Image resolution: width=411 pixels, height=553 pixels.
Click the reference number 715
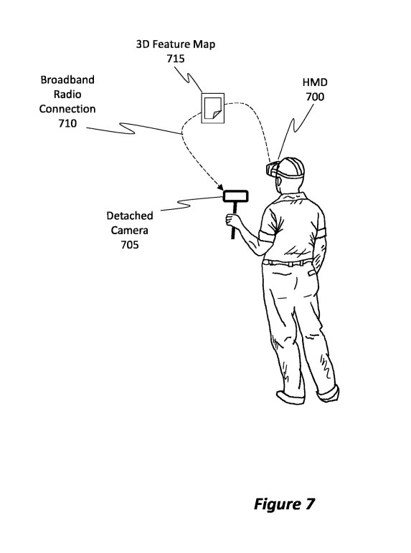point(176,58)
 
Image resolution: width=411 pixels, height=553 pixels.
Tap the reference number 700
point(315,97)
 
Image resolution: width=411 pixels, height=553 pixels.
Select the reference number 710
point(67,123)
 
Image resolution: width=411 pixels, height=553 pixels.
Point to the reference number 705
point(130,245)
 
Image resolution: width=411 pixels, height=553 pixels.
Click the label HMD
point(315,82)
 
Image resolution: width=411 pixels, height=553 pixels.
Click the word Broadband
point(67,80)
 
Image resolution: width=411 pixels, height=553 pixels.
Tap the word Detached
point(130,216)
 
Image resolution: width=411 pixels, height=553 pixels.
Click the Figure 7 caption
point(284,504)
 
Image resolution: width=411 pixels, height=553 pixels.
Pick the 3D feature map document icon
point(212,109)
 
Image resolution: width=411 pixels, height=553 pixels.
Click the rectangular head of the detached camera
point(236,196)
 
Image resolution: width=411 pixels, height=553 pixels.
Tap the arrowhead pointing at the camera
point(219,187)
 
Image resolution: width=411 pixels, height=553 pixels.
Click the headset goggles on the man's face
point(273,168)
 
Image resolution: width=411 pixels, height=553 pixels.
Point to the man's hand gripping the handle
point(233,221)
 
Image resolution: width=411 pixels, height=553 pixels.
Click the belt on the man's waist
point(288,263)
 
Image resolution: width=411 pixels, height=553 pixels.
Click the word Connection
point(67,109)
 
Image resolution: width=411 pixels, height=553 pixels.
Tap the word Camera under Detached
point(130,231)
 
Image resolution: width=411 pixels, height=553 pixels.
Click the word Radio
point(67,94)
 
